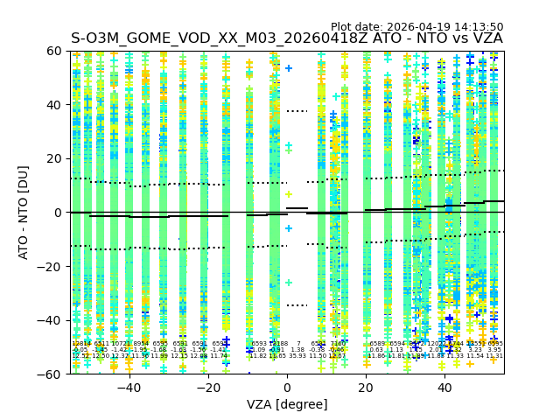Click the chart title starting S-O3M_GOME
point(287,38)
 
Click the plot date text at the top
point(416,27)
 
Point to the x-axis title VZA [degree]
point(287,404)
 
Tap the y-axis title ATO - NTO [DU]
point(24,213)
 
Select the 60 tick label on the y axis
point(54,51)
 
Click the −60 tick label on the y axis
point(50,374)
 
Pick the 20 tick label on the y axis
point(54,158)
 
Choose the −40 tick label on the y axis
point(50,320)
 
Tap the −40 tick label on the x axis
point(129,388)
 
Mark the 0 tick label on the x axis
point(287,388)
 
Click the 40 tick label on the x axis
point(445,388)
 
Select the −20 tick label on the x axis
point(207,388)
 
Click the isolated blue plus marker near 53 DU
point(289,68)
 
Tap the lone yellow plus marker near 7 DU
point(289,193)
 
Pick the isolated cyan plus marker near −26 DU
point(289,283)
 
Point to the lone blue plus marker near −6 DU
point(289,228)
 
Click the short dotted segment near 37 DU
point(297,111)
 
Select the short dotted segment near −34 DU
point(297,305)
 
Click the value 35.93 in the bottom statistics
point(297,356)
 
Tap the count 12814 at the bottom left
point(80,344)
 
